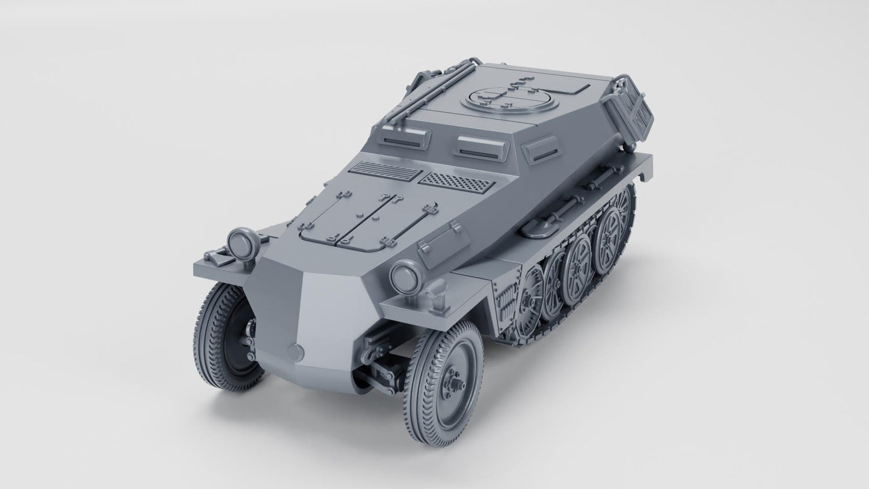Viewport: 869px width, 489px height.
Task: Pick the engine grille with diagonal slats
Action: pyautogui.click(x=385, y=172)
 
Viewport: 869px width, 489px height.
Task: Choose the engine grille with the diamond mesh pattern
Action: pyautogui.click(x=456, y=180)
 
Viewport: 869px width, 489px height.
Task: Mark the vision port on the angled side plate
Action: pyautogui.click(x=542, y=149)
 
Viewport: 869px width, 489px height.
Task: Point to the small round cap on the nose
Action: pyautogui.click(x=295, y=352)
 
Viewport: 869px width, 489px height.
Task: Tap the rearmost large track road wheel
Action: pyautogui.click(x=612, y=229)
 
